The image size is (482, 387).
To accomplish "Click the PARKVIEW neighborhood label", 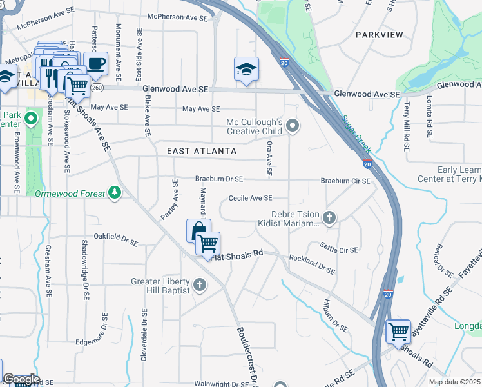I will (379, 34).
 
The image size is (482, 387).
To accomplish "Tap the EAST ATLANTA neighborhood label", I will (202, 151).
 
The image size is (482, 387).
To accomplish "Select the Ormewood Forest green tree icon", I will (115, 193).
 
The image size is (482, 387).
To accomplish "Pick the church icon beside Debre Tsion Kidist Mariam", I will (330, 217).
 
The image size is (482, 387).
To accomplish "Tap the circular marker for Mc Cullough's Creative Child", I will (293, 126).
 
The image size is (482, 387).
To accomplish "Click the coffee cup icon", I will (96, 63).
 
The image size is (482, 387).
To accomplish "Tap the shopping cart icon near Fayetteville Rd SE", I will (398, 332).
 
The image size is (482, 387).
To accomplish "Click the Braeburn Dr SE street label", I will (219, 179).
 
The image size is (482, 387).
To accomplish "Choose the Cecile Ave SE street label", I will (249, 199).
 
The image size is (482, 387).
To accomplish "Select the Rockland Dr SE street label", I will (312, 265).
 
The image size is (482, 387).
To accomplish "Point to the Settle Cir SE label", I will (339, 247).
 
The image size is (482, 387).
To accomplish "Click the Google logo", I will (21, 380).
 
